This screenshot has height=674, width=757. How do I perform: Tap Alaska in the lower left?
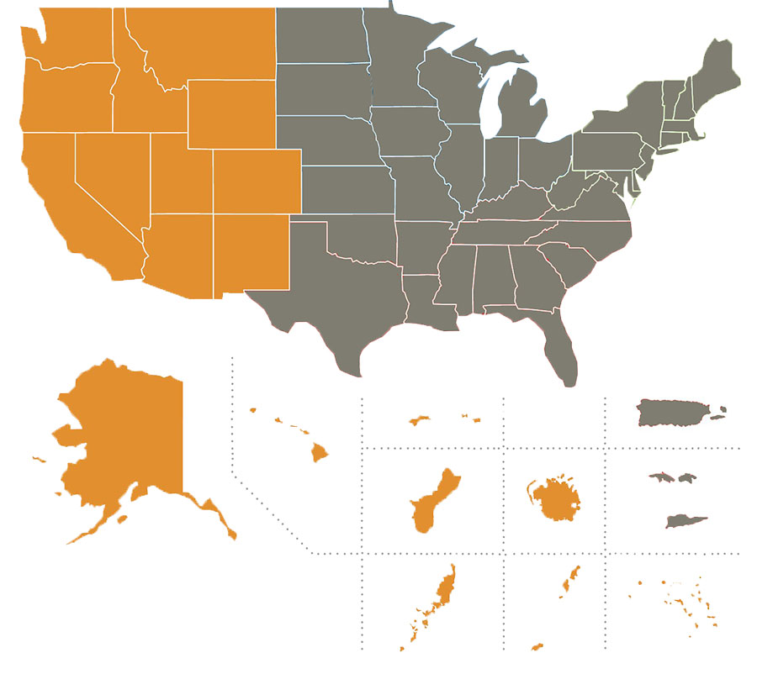(126, 437)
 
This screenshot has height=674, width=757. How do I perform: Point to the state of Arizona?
(177, 252)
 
